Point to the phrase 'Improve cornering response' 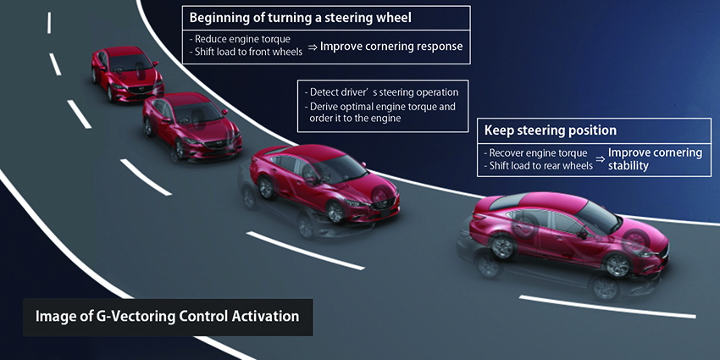tap(391, 47)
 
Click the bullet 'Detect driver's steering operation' tap(383, 92)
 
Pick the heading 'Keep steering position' tap(551, 130)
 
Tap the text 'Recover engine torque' tap(539, 153)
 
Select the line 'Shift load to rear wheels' tap(540, 166)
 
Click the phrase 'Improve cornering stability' tap(655, 159)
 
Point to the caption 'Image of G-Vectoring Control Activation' tap(167, 317)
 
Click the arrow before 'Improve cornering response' tap(313, 47)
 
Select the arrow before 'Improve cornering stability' tap(600, 158)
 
